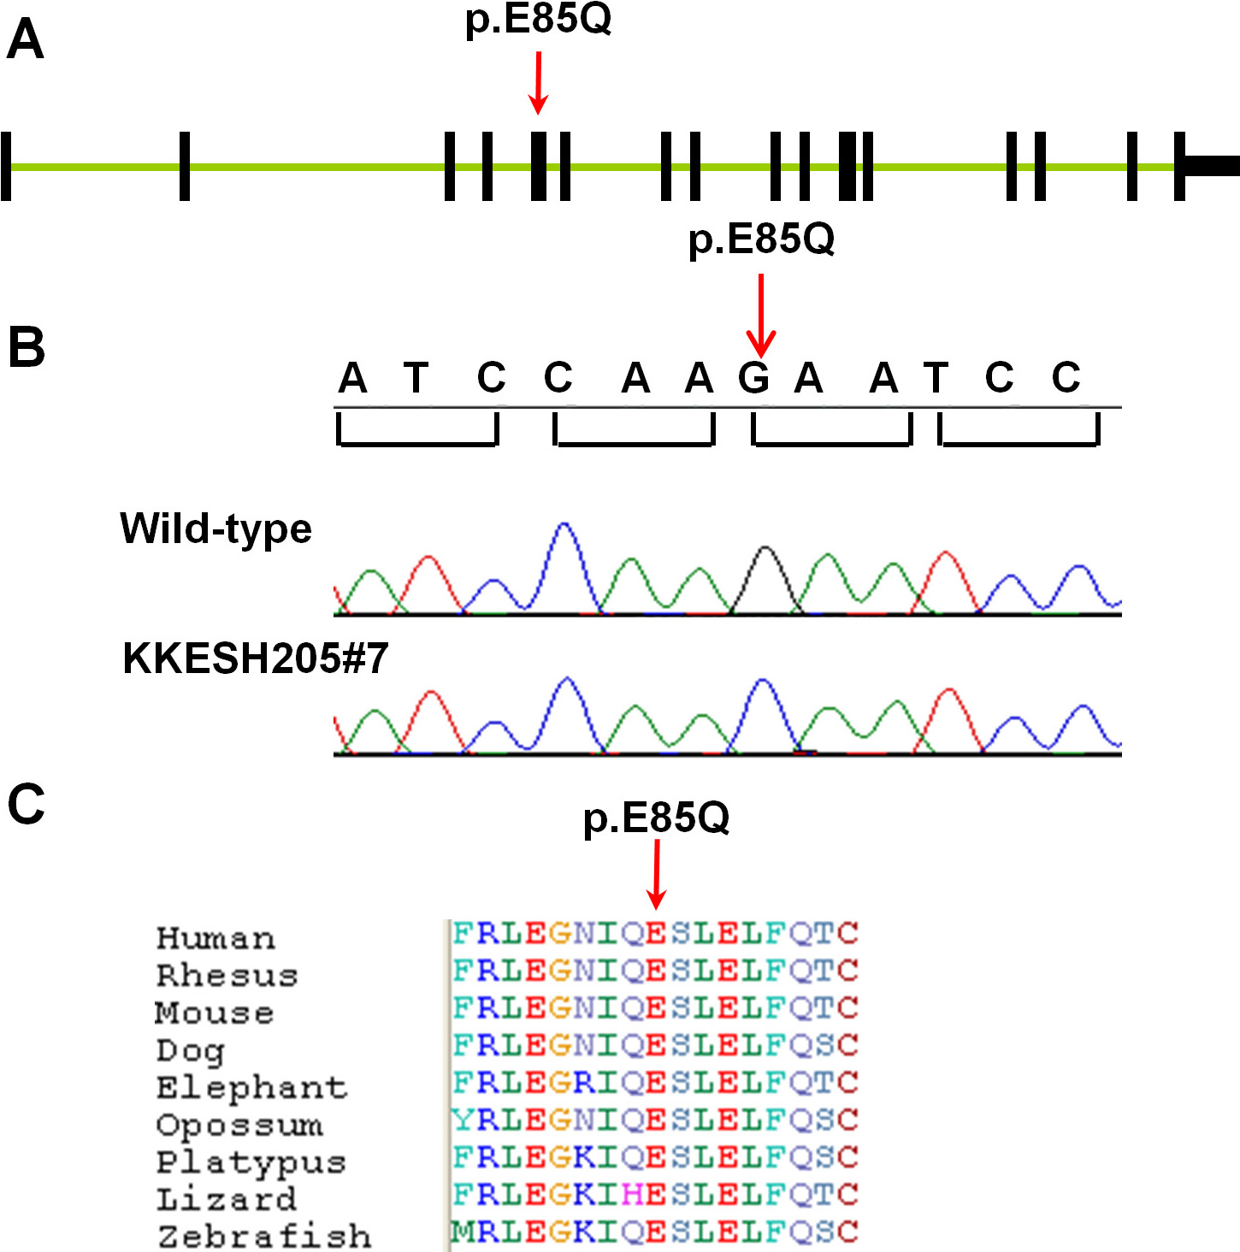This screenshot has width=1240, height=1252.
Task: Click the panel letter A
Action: tap(25, 40)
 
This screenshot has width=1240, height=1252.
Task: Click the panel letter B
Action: tap(27, 348)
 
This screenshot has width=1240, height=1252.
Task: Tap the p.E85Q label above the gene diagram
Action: tap(538, 19)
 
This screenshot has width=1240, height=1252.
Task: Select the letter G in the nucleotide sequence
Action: tap(753, 377)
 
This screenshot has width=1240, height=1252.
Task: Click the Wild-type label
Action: tap(216, 529)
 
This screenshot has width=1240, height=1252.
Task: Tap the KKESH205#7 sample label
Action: tap(256, 658)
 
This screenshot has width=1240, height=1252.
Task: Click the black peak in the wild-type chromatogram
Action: tap(765, 564)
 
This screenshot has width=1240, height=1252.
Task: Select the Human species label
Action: tap(216, 938)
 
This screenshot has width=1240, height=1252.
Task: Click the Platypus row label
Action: tap(251, 1162)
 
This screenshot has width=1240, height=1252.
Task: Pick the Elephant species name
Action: tap(251, 1088)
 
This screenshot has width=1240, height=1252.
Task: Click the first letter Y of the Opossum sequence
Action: tap(462, 1119)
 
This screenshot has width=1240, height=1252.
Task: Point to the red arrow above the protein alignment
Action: tap(656, 875)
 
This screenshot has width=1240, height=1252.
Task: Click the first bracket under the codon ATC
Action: tap(417, 431)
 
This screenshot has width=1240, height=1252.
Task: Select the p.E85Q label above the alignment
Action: tap(656, 818)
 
